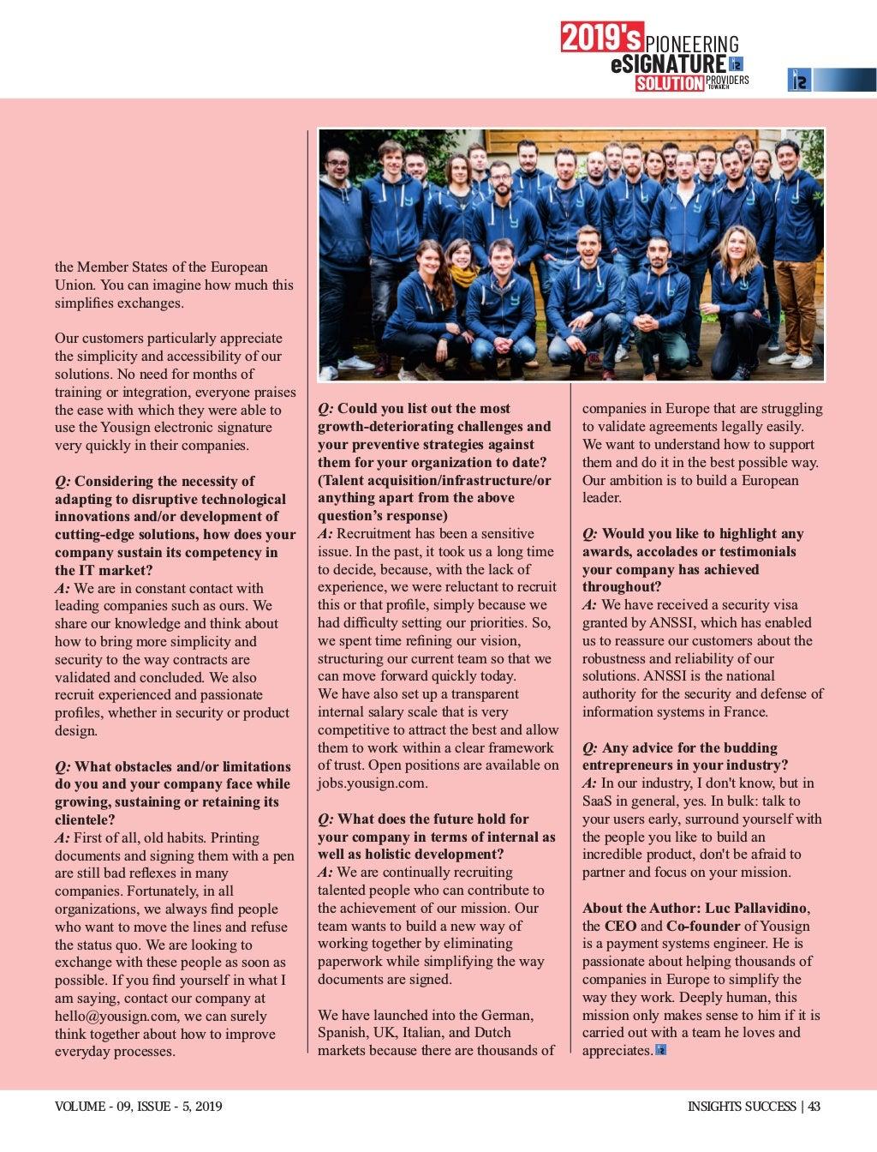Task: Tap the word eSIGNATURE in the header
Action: [668, 64]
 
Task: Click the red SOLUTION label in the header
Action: [669, 83]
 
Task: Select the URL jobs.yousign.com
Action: [373, 783]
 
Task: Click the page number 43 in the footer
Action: [814, 1107]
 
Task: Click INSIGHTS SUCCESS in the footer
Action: [742, 1107]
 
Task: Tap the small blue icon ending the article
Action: [660, 1050]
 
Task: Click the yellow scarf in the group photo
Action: [463, 276]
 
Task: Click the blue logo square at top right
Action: [798, 80]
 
